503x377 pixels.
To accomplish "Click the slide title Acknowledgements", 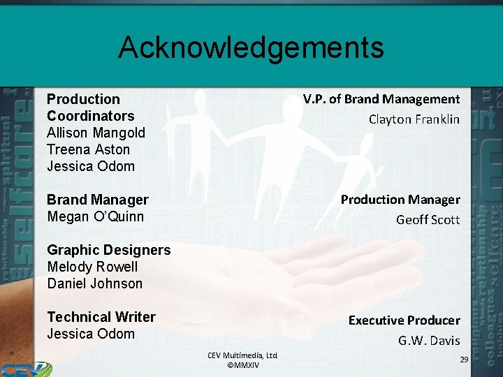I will (251, 47).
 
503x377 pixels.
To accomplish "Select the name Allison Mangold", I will (96, 133).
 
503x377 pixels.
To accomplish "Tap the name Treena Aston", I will (88, 149).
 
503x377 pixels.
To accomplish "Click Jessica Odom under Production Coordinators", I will (91, 166).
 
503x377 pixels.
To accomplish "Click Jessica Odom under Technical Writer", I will (91, 334).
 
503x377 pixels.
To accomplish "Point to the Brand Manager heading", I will (98, 200).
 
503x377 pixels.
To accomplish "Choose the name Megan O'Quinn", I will (95, 216).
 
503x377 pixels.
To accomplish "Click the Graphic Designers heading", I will (108, 250).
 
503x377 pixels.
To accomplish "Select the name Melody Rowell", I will (92, 267).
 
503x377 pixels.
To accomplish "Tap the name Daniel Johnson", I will (94, 283).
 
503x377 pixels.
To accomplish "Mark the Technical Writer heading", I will (101, 317).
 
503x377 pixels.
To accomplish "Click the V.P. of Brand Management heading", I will (381, 99).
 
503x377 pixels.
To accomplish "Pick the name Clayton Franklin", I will (414, 119).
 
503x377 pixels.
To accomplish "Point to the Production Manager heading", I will (400, 200).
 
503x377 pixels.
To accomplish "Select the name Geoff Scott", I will (428, 220).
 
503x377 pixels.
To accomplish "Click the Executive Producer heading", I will (404, 320).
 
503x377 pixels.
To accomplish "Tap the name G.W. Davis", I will (429, 341).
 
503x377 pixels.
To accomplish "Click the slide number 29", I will (463, 358).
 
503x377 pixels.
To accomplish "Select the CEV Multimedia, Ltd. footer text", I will (242, 356).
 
